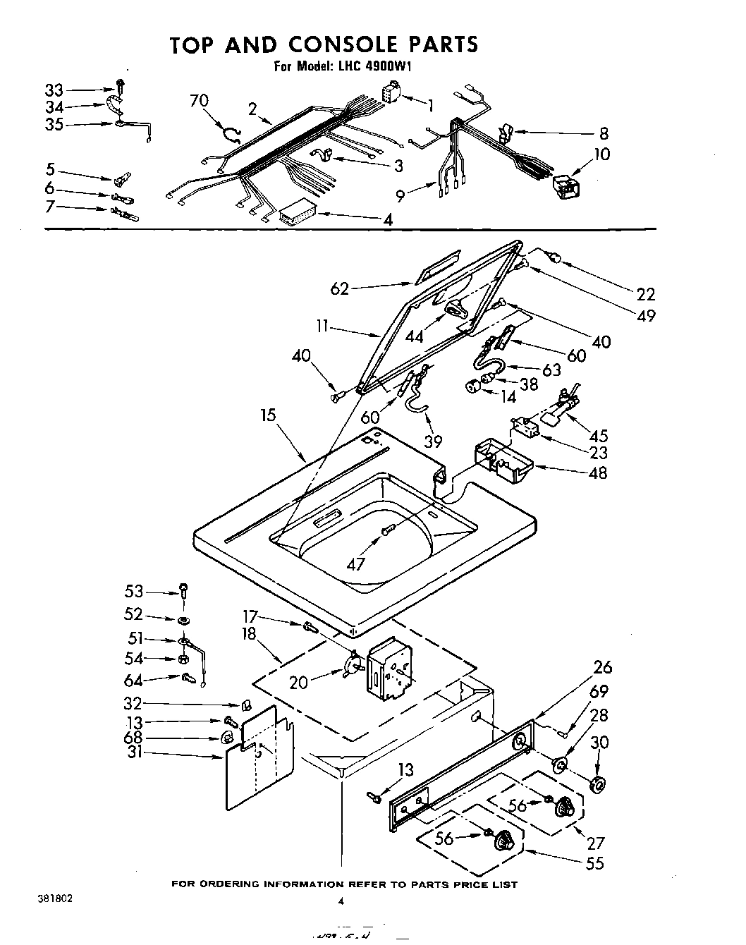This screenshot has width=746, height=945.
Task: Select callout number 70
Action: point(200,101)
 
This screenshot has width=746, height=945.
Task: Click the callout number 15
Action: point(268,415)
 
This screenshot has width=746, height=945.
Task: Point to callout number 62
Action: point(340,288)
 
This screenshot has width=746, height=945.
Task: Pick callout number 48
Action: point(597,472)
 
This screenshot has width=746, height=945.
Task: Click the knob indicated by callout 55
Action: point(503,839)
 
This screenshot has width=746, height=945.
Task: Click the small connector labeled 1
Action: point(390,94)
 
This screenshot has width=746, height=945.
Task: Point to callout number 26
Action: point(603,667)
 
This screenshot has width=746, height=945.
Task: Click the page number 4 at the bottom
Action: point(341,901)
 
